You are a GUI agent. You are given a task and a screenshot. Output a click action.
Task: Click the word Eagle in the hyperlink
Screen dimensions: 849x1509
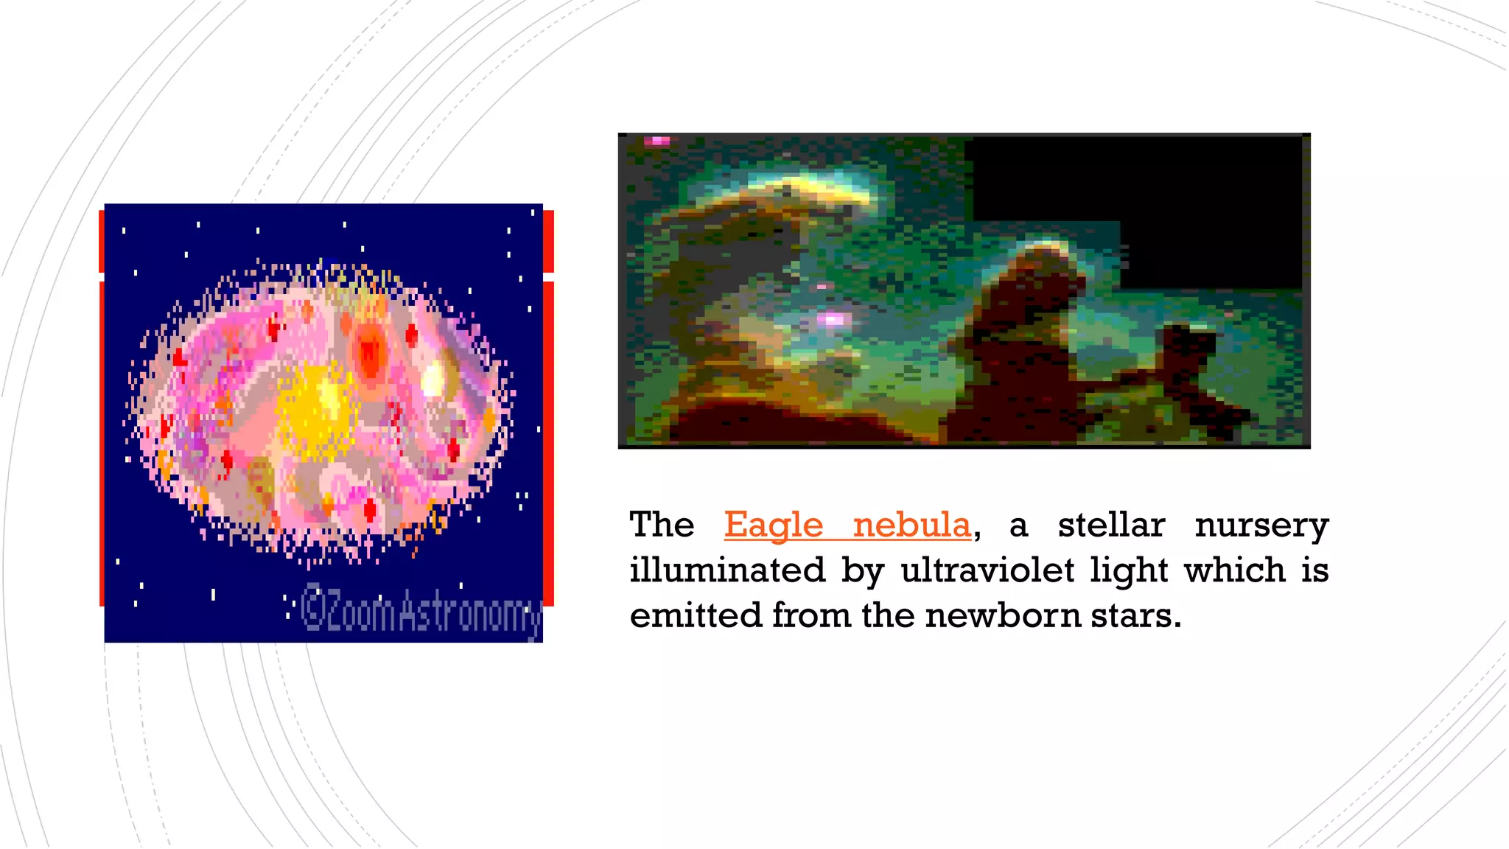[773, 525]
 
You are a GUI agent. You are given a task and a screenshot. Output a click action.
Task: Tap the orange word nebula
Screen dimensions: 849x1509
[911, 525]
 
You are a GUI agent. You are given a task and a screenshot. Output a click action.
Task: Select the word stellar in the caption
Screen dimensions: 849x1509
[1111, 525]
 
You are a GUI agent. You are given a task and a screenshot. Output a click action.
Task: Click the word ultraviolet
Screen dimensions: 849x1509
[987, 570]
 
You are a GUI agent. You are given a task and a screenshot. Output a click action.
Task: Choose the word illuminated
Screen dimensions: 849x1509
[727, 570]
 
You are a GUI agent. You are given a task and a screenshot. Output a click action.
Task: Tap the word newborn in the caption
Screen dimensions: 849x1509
[1002, 615]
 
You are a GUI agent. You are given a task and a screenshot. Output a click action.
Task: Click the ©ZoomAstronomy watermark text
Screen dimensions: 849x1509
[421, 611]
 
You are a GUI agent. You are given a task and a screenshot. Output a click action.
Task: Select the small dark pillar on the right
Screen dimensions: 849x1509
[1188, 346]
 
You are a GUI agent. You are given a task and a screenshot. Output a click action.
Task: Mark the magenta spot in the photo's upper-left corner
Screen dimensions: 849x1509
[657, 141]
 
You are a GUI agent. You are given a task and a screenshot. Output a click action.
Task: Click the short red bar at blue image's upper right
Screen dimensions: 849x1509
[549, 241]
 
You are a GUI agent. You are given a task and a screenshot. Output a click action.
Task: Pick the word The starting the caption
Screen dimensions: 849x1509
[662, 525]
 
